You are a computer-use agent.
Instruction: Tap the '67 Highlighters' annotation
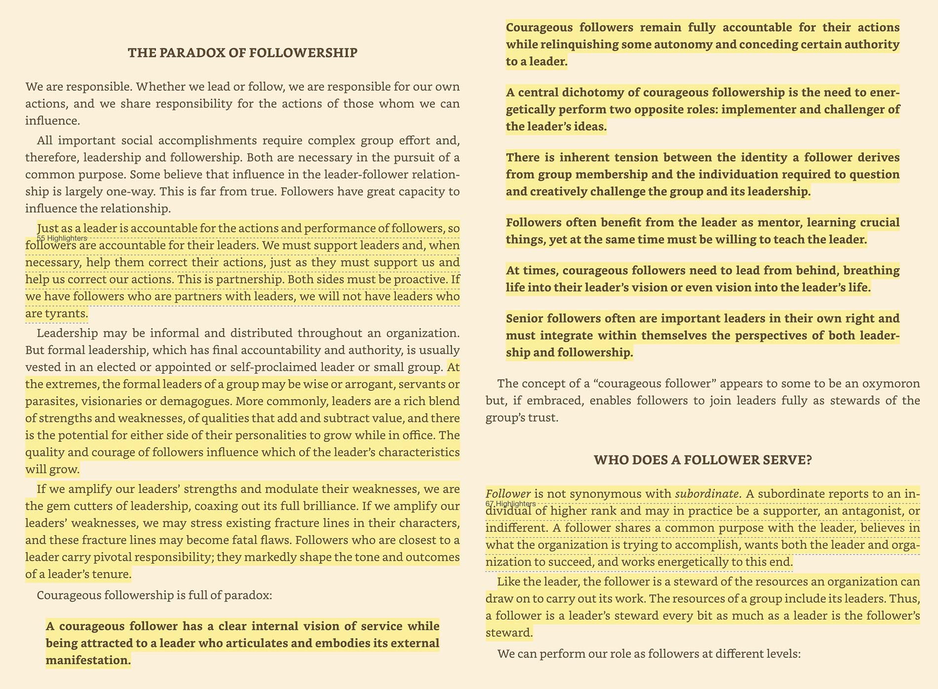[511, 503]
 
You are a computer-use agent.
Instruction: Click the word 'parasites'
[49, 401]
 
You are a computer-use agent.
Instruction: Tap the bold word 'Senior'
[525, 319]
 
